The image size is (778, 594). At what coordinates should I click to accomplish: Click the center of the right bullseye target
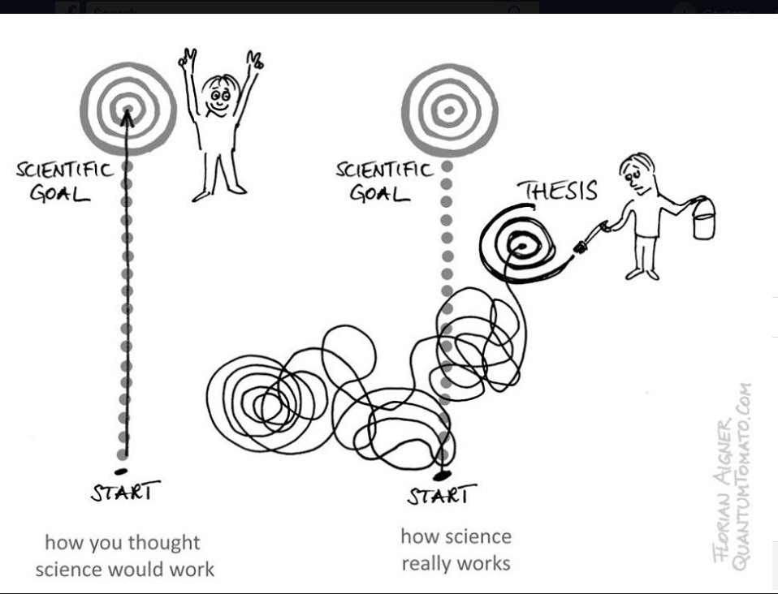[x=448, y=109]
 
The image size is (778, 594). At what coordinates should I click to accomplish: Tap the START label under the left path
[x=125, y=492]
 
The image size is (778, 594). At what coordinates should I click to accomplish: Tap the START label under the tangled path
[x=441, y=494]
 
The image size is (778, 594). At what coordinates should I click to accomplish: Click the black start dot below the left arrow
[x=120, y=471]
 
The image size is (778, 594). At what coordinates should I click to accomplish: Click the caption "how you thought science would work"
[x=124, y=555]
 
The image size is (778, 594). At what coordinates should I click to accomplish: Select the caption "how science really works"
[x=456, y=549]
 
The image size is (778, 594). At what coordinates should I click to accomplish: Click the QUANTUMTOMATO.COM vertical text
[x=742, y=477]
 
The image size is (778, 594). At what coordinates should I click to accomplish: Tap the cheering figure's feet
[x=218, y=192]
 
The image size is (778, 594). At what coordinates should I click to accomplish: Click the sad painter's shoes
[x=642, y=273]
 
